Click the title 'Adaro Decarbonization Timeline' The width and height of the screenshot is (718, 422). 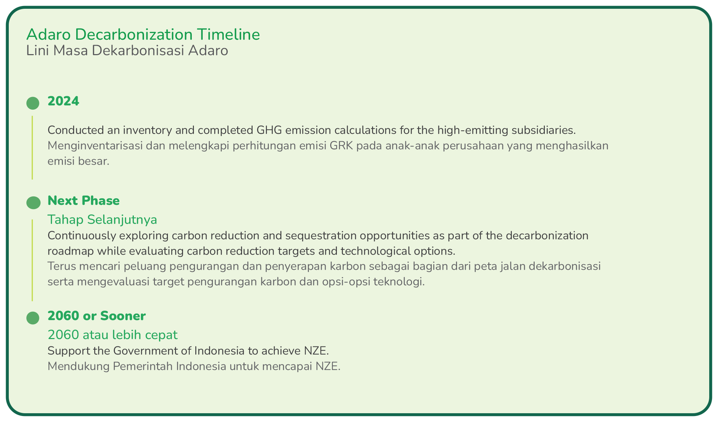click(143, 34)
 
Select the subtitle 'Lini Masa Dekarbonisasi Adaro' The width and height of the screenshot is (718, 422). click(127, 51)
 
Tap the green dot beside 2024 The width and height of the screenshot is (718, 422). click(33, 103)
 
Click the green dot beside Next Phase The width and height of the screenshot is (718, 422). click(33, 203)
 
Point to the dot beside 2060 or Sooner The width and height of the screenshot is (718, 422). click(33, 318)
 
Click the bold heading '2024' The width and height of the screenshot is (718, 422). click(64, 101)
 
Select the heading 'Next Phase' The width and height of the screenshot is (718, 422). click(84, 201)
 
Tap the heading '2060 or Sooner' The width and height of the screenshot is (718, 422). click(97, 316)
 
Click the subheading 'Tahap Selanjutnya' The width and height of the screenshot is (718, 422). click(102, 220)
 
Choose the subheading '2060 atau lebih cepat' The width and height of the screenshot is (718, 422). click(113, 335)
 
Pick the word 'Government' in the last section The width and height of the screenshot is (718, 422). click(145, 351)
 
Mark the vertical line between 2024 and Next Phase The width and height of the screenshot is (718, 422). click(32, 148)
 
